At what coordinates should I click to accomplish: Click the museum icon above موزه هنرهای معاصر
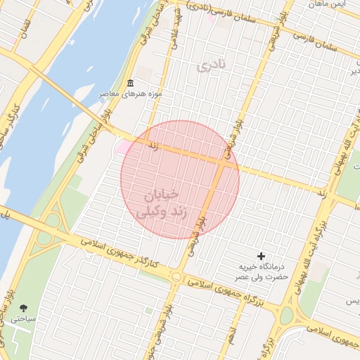tap(130, 83)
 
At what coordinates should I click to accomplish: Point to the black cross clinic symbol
tap(262, 257)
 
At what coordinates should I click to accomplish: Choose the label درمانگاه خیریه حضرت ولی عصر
tap(262, 272)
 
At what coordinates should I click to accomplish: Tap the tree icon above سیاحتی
tap(25, 308)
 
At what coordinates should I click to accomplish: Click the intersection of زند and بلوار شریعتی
tap(222, 162)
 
